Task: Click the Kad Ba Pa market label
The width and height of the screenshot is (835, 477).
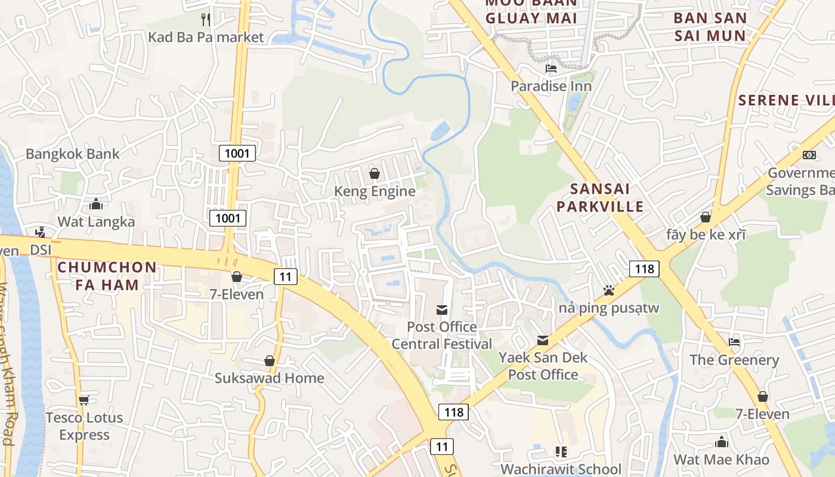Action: pos(206,37)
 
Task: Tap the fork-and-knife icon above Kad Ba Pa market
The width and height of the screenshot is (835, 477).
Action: pos(206,19)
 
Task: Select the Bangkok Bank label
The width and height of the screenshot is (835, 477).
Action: pos(72,154)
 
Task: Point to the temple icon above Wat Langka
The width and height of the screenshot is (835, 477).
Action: pos(96,205)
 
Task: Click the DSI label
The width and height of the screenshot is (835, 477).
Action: pos(41,250)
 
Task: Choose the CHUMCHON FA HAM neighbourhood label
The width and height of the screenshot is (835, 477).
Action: pos(107,276)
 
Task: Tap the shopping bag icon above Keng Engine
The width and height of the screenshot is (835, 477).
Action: pos(375,174)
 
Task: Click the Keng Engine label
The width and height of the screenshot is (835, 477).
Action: pos(375,191)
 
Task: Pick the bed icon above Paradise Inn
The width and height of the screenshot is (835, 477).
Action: pos(551,69)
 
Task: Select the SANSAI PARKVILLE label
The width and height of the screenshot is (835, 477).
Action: pos(607,198)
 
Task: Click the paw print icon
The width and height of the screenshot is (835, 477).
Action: pos(608,290)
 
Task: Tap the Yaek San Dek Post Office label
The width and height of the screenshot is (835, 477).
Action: pos(543,366)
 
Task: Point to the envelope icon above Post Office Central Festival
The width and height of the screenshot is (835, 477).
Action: pos(442,309)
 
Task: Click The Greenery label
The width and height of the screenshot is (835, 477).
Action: pos(734,360)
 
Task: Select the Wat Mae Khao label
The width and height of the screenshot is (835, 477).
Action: pos(721,460)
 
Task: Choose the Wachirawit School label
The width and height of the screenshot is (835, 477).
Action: pos(561,469)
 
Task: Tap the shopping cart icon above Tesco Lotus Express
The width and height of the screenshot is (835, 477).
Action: pos(84,399)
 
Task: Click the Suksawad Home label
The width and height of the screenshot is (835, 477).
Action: pos(270,378)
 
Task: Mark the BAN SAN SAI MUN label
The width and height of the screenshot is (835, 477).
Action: pos(710,27)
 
